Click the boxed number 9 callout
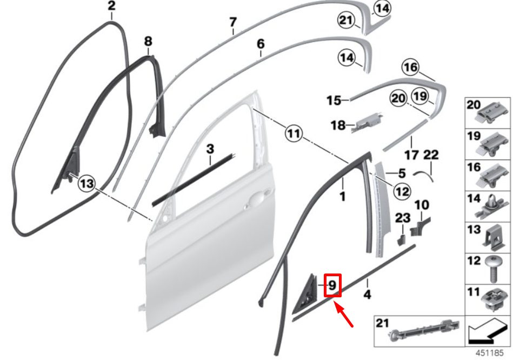[x=333, y=285]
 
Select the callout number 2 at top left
[x=111, y=7]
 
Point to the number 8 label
[x=148, y=41]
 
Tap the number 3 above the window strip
[x=210, y=148]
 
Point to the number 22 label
[x=431, y=155]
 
